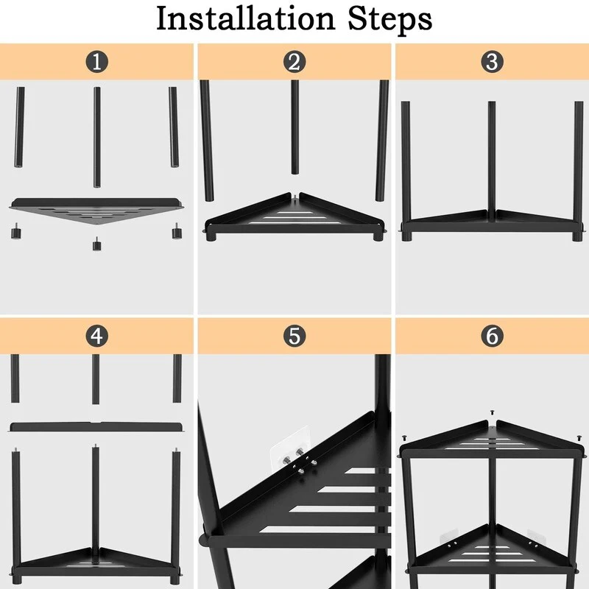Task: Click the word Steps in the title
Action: pyautogui.click(x=390, y=20)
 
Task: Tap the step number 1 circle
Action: pyautogui.click(x=97, y=62)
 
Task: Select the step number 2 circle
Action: pyautogui.click(x=294, y=62)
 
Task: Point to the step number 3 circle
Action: pyautogui.click(x=492, y=62)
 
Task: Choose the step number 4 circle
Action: pyautogui.click(x=97, y=336)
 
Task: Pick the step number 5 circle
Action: pyautogui.click(x=294, y=336)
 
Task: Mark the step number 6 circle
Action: pyautogui.click(x=492, y=336)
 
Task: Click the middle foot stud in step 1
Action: pyautogui.click(x=97, y=244)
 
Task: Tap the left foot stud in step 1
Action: pyautogui.click(x=15, y=231)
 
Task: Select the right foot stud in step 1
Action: pyautogui.click(x=176, y=231)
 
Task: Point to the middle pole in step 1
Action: pyautogui.click(x=97, y=137)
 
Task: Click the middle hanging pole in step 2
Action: pyautogui.click(x=295, y=127)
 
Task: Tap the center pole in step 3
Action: pyautogui.click(x=492, y=161)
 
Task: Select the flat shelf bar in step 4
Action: pyautogui.click(x=96, y=427)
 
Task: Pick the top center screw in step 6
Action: pyautogui.click(x=492, y=412)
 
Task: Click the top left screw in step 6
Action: pyautogui.click(x=404, y=437)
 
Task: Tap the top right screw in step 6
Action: pyautogui.click(x=579, y=438)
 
